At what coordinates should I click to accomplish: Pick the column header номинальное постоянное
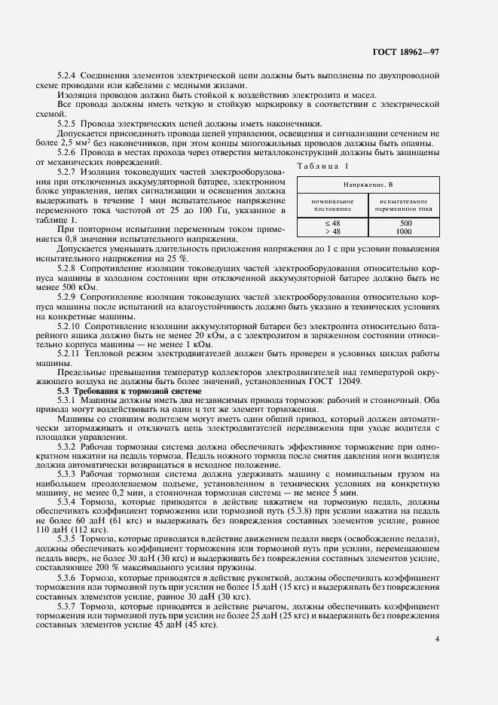(x=331, y=205)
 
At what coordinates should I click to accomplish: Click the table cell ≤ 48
(x=332, y=224)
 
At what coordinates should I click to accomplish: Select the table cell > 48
(x=332, y=231)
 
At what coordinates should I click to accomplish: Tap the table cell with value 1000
(x=405, y=231)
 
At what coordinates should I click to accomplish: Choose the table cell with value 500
(x=405, y=224)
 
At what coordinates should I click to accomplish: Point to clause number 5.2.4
(x=70, y=75)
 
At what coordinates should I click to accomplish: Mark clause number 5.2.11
(x=72, y=352)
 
